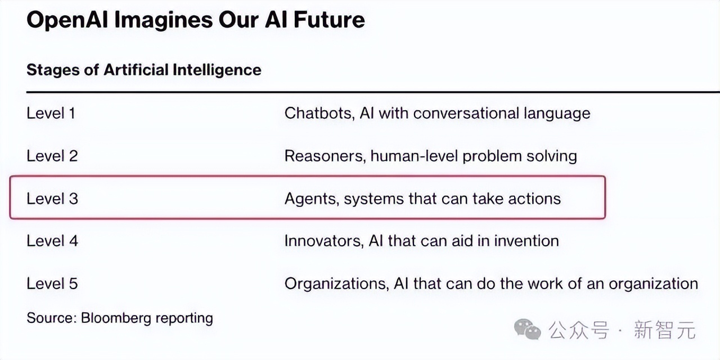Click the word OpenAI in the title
click(x=67, y=20)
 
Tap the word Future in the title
click(x=329, y=20)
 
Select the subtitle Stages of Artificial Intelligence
click(x=143, y=70)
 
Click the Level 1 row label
click(x=51, y=113)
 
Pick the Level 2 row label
click(x=52, y=156)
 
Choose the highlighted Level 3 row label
click(x=52, y=199)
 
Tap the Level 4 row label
click(x=52, y=241)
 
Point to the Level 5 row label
click(x=52, y=283)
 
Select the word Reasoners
click(x=325, y=156)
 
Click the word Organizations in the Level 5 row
click(x=337, y=284)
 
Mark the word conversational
click(x=466, y=113)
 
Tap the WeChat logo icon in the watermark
click(x=528, y=330)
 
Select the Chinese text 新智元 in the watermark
click(x=665, y=330)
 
